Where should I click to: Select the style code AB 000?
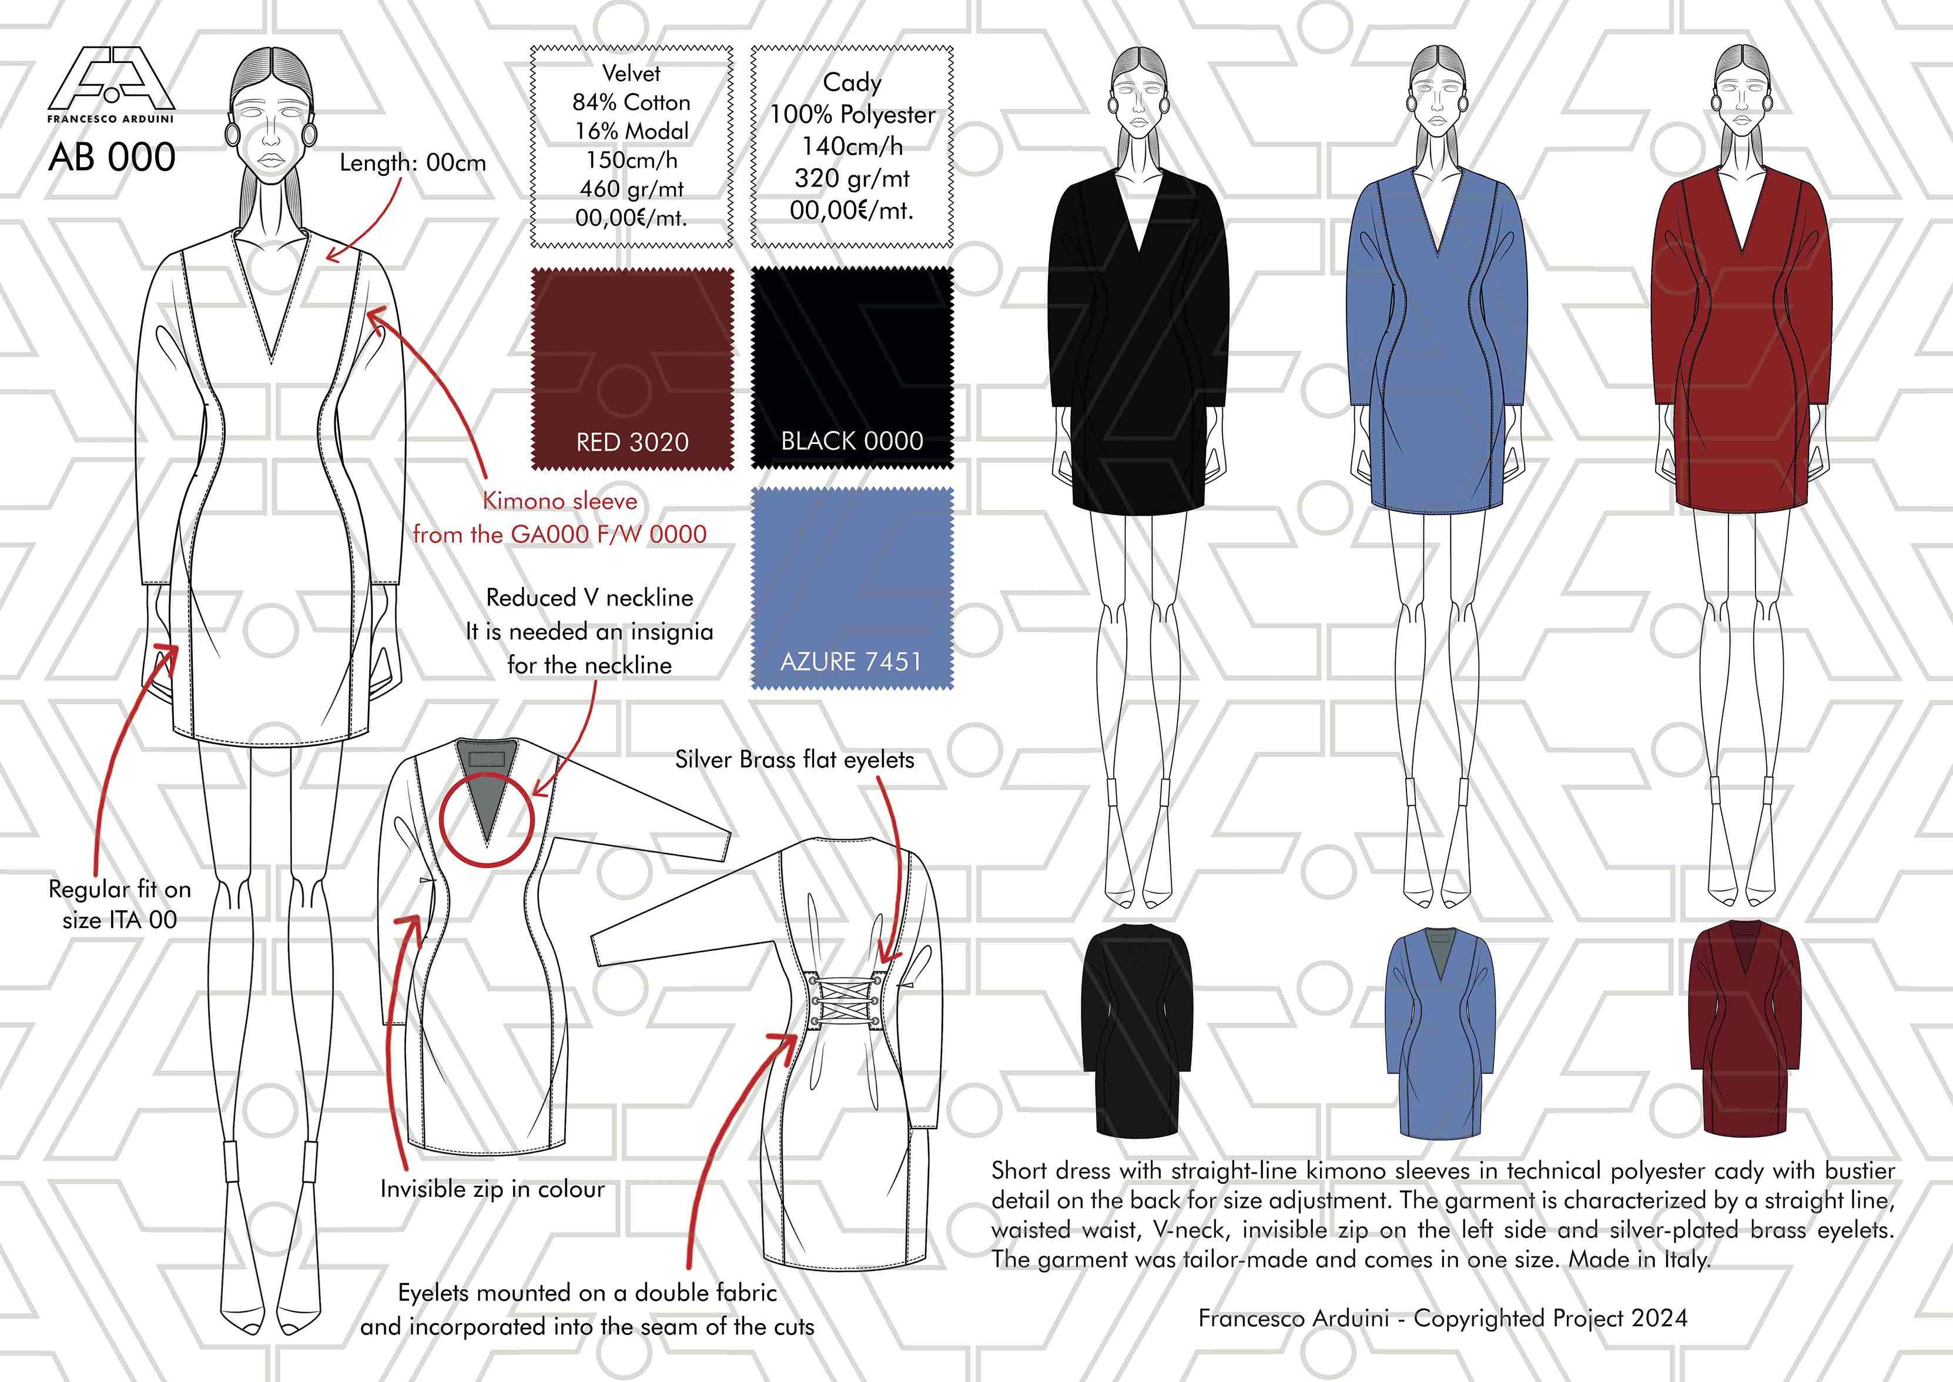112,158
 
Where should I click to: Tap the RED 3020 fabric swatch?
632,369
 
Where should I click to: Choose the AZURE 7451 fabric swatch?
852,588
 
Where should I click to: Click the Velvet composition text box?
632,146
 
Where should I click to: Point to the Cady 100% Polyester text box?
852,146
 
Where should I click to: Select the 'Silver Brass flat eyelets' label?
795,759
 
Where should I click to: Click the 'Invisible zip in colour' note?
493,1189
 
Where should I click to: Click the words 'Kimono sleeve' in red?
560,500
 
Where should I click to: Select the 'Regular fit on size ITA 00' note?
120,904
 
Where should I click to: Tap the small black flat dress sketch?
1137,1030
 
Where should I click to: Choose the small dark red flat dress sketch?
1744,1027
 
